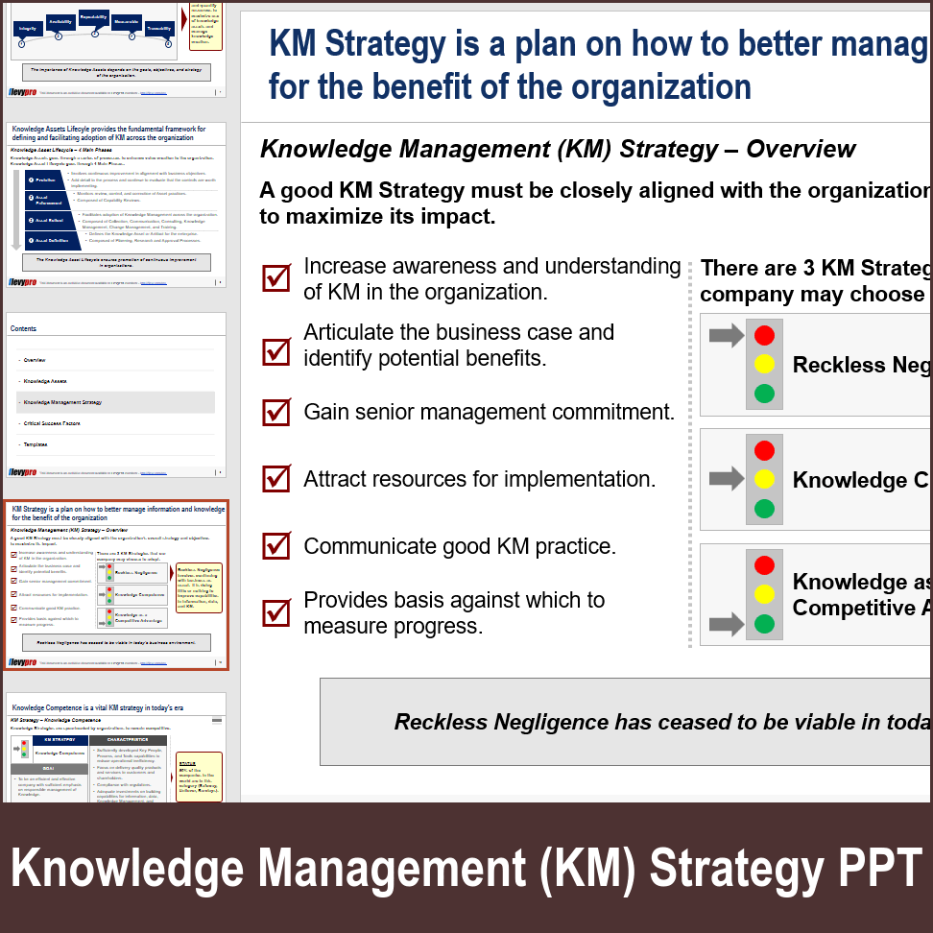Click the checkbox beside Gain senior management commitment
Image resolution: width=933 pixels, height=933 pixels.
(276, 413)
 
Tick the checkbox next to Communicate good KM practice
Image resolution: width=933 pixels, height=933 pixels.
(276, 545)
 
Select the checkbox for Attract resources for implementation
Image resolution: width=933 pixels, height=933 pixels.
(276, 478)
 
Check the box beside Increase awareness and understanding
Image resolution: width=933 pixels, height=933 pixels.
(276, 278)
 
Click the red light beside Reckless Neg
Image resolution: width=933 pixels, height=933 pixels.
(764, 335)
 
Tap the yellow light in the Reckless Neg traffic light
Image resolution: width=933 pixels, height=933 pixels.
(764, 364)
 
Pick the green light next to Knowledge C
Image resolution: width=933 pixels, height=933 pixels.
(764, 508)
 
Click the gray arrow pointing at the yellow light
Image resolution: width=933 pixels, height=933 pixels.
(727, 478)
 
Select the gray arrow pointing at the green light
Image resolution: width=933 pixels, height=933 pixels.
(727, 626)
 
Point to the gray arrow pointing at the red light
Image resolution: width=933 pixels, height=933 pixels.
(727, 335)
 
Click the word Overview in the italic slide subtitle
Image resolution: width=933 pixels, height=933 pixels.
(801, 150)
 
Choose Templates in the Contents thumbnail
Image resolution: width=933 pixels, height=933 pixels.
(36, 444)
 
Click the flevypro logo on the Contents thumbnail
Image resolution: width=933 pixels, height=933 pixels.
(23, 472)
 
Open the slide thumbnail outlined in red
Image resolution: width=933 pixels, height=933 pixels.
(116, 585)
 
